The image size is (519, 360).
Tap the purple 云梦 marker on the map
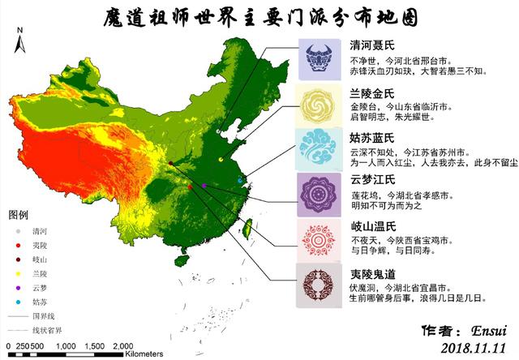pos(204,186)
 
